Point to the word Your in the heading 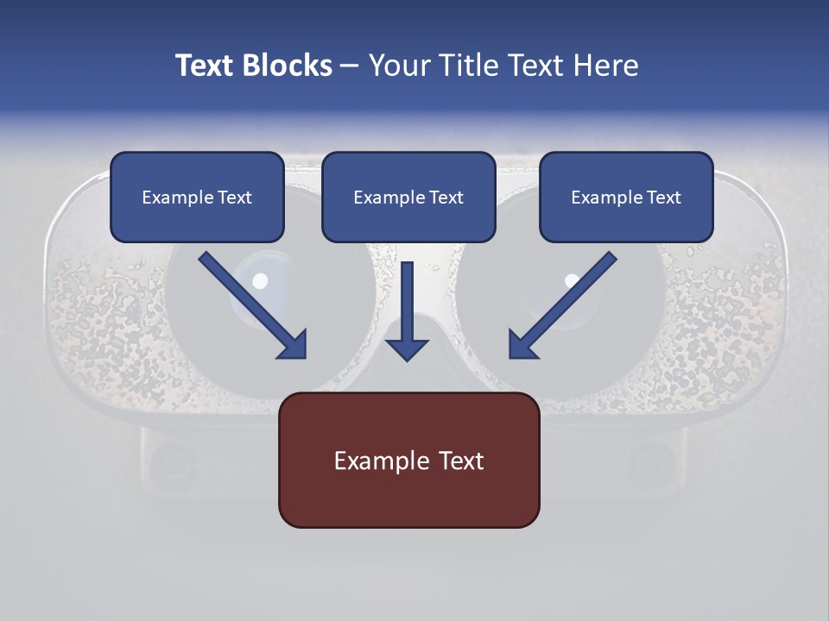tap(399, 66)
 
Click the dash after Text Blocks tap(350, 66)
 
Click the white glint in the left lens tap(260, 281)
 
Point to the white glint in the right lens tap(572, 280)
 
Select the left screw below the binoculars tap(167, 466)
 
